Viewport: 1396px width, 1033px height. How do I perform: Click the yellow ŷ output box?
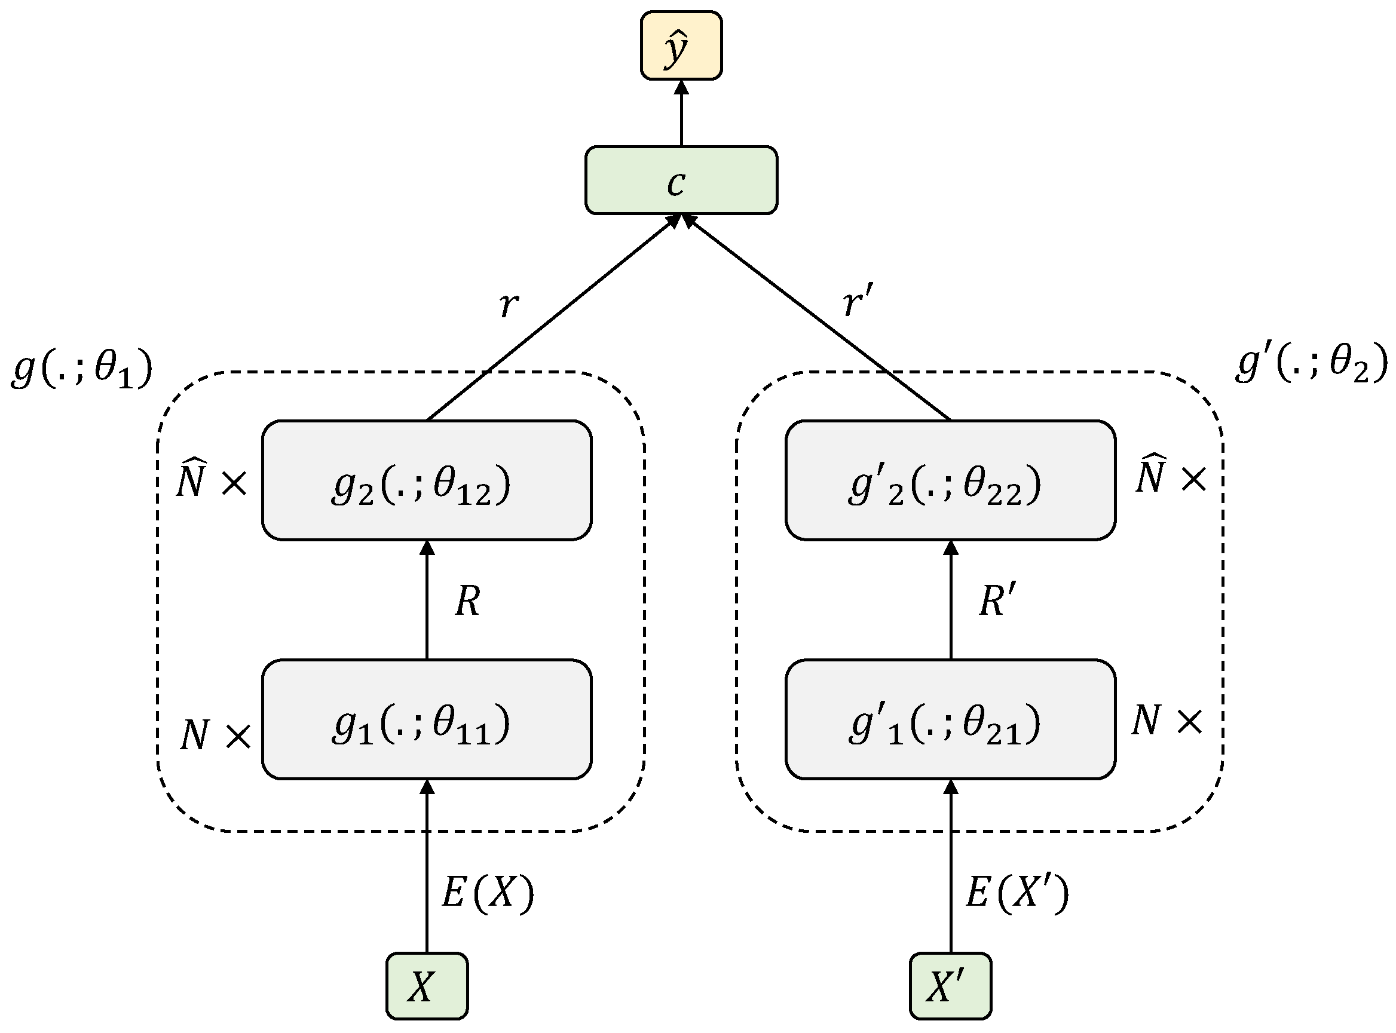[681, 45]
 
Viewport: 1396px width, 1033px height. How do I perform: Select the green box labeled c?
[681, 180]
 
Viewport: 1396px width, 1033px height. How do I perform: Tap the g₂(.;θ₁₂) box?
[427, 480]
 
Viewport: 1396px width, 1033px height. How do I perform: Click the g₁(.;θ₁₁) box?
[427, 719]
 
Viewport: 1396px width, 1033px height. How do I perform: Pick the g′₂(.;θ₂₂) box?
[950, 480]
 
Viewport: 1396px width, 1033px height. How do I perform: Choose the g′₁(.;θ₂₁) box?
[950, 719]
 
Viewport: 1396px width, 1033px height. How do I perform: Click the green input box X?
[427, 986]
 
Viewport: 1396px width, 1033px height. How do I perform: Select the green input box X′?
[950, 986]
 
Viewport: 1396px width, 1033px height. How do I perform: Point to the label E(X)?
[488, 893]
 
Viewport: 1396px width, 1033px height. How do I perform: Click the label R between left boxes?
[468, 602]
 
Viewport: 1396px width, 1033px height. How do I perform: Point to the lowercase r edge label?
[509, 305]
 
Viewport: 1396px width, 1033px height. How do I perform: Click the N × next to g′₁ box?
[1167, 721]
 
